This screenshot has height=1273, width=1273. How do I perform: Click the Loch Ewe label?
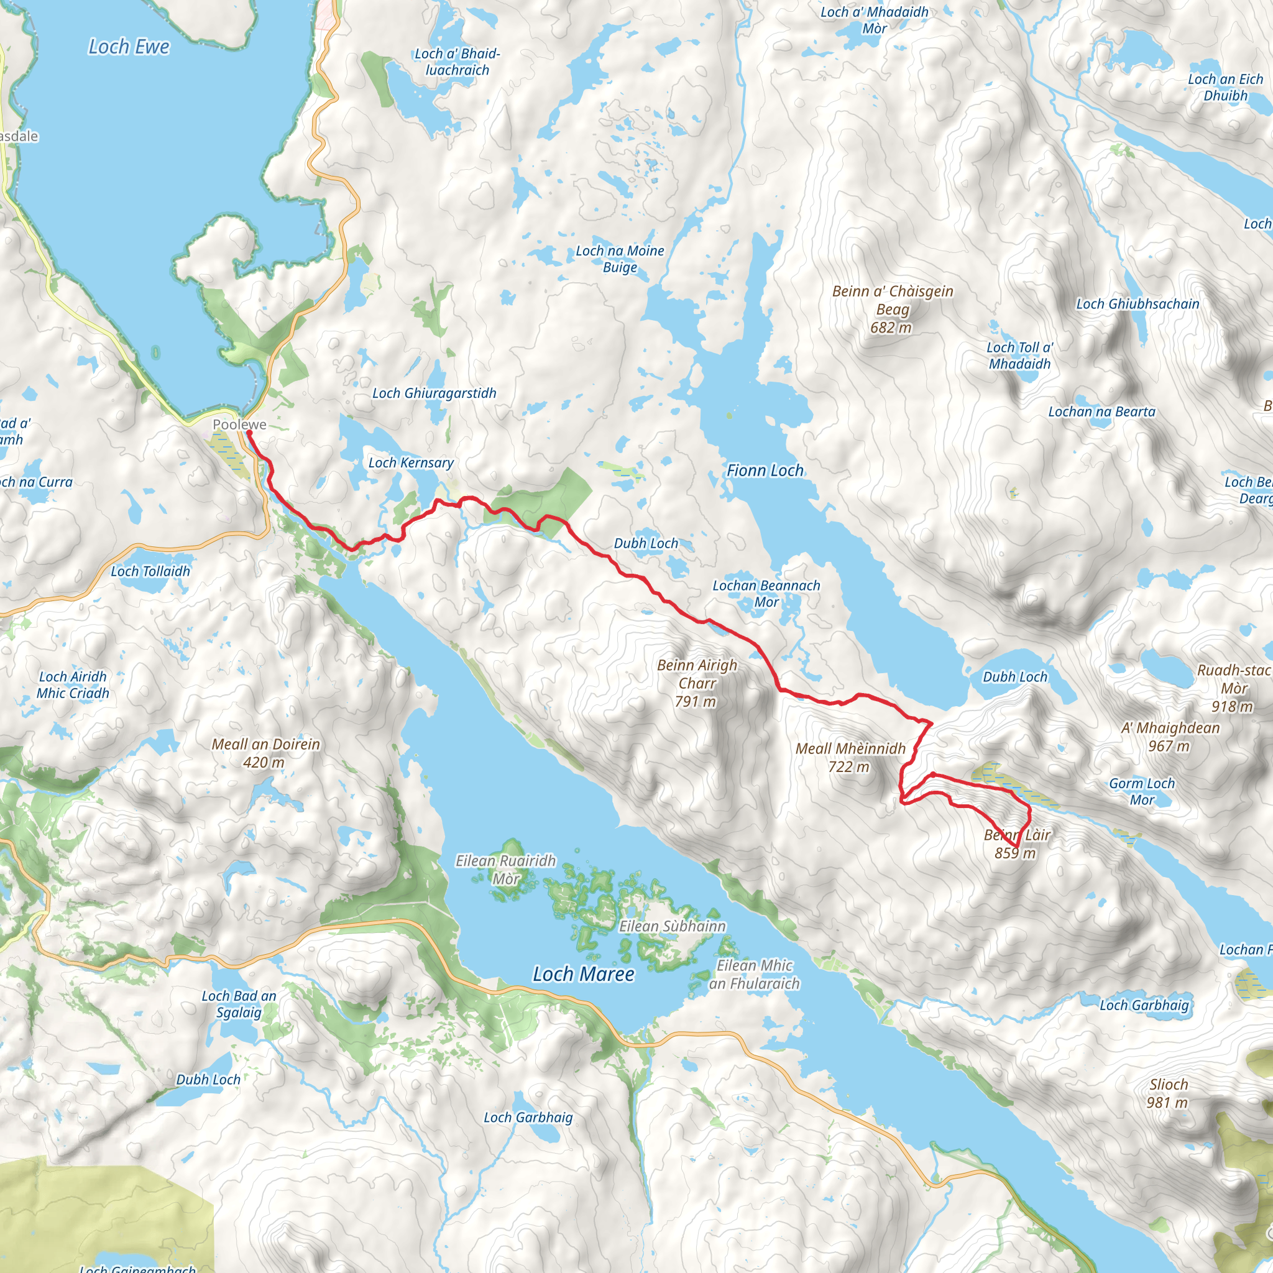point(129,47)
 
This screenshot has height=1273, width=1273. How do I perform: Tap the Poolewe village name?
point(239,425)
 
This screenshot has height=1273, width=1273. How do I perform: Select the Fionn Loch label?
point(765,471)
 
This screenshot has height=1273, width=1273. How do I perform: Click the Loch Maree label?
point(583,974)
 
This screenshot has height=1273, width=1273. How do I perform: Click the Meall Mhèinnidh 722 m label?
point(850,758)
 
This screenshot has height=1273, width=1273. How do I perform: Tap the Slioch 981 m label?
point(1168,1093)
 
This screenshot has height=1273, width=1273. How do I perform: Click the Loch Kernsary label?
point(410,462)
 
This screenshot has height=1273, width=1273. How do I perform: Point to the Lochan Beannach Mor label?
point(766,594)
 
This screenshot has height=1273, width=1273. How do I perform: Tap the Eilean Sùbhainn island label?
point(672,926)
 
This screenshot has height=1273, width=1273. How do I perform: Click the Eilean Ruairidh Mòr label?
point(505,870)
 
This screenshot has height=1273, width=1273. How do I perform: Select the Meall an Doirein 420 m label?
point(265,753)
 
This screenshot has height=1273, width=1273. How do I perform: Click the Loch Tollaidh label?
point(150,571)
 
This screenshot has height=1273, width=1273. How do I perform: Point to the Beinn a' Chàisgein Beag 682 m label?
point(892,309)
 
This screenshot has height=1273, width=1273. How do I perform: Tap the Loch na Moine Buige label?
point(619,259)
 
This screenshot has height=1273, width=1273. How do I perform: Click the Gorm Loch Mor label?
point(1142,791)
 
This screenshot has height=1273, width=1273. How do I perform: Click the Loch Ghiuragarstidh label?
point(434,393)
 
